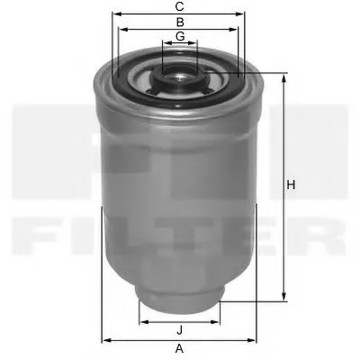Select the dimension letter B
pos(180,22)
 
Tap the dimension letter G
pos(180,36)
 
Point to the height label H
pos(291,185)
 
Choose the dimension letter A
pos(180,347)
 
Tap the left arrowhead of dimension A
pos(105,338)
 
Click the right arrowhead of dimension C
pos(243,15)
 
